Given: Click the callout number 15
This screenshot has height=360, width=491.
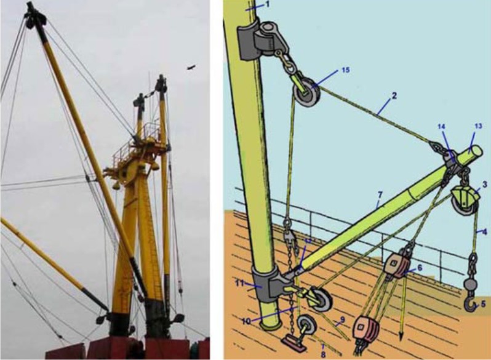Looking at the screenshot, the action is (x=345, y=70).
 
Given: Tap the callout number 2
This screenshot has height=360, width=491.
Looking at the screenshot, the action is (x=394, y=95).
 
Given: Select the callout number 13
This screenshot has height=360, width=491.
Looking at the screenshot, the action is (x=478, y=126).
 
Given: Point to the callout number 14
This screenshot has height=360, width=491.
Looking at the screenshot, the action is (x=442, y=126).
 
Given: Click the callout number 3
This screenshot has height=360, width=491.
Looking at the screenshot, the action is (x=485, y=184).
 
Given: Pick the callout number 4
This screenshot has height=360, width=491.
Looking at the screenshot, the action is (x=485, y=232).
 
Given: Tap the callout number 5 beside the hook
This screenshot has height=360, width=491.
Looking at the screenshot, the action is (x=483, y=303).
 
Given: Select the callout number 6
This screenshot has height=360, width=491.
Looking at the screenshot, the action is (x=420, y=268).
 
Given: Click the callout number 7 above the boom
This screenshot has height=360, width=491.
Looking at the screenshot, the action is (x=380, y=195).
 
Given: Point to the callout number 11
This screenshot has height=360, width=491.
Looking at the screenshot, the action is (x=239, y=284).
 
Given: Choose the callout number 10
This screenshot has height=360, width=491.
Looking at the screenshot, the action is (x=247, y=321).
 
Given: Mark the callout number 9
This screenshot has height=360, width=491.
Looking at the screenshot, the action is (x=342, y=320).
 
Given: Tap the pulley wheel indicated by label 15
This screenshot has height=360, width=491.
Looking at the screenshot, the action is (x=306, y=94).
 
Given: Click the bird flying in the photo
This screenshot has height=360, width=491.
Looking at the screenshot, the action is (x=191, y=66).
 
